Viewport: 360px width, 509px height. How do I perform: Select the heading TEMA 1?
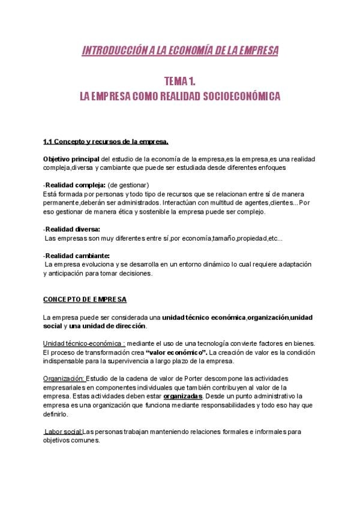point(180,81)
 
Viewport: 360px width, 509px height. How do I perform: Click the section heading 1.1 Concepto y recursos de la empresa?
point(106,142)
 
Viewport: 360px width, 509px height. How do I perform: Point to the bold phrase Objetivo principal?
point(66,158)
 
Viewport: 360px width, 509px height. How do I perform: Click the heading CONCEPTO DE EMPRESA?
point(85,299)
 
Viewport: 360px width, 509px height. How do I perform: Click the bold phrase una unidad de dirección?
point(107,326)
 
